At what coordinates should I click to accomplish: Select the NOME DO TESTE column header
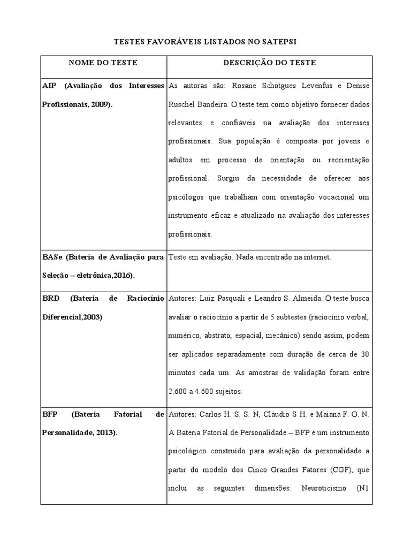(103, 63)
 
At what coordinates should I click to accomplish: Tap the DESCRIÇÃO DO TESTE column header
(269, 63)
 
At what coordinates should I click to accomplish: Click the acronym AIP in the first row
(49, 86)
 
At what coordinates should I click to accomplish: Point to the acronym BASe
(52, 257)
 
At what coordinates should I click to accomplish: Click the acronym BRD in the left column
(51, 298)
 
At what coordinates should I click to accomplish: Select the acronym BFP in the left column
(50, 414)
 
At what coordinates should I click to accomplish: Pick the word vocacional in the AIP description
(332, 197)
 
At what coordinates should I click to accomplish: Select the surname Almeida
(307, 298)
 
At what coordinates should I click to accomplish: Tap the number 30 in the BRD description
(364, 354)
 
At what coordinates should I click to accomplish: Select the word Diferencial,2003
(72, 316)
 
